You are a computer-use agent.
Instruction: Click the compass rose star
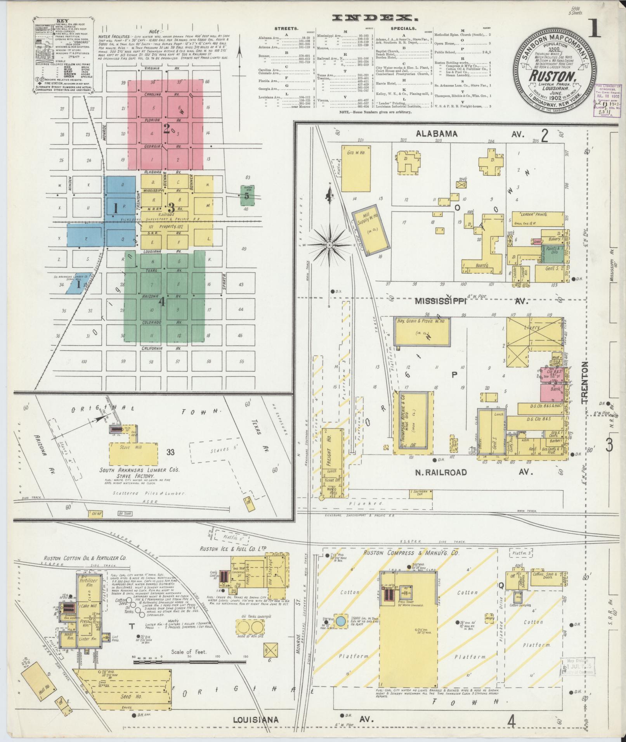point(329,245)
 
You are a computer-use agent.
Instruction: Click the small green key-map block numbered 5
point(246,195)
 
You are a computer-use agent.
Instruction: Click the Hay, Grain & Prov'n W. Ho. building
point(423,330)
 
